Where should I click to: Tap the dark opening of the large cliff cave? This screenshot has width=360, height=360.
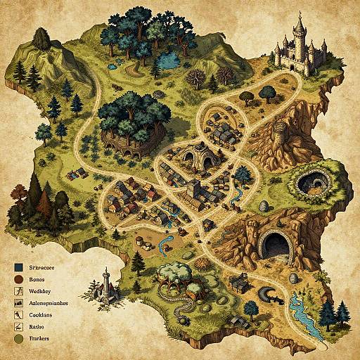[276, 246]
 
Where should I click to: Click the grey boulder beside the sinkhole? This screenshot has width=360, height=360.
[264, 206]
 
